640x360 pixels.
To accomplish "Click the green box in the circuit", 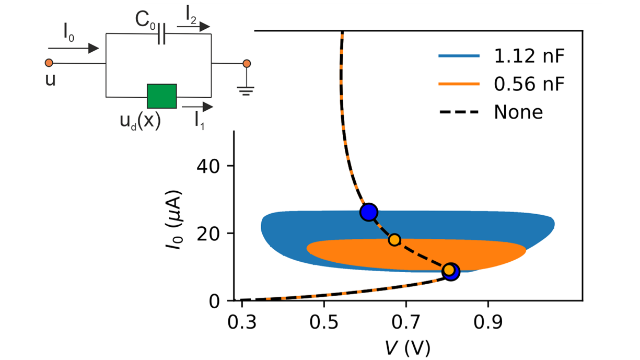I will pos(161,96).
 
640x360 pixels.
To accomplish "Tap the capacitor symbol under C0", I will pos(161,35).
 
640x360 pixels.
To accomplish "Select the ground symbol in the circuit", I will pos(246,89).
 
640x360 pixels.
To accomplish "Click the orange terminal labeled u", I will pos(49,63).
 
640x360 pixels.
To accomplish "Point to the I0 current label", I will pos(68,33).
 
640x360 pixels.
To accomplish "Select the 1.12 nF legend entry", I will pos(528,57).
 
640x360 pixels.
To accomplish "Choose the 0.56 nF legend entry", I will pos(528,84).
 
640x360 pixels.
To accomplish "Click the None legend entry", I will pos(518,112).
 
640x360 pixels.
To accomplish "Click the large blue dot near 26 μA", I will pos(369,212).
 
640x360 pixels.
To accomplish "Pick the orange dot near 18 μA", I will pos(394,240).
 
